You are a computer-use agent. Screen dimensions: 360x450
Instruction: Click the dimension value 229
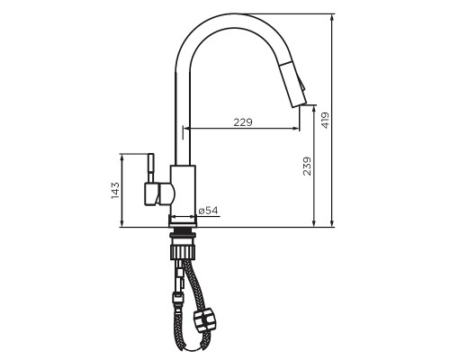pos(242,122)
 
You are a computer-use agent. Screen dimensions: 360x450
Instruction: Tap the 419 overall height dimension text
pos(326,119)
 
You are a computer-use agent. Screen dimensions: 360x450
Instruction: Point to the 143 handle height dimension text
pos(115,191)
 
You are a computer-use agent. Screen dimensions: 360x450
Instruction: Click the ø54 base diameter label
pos(208,211)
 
